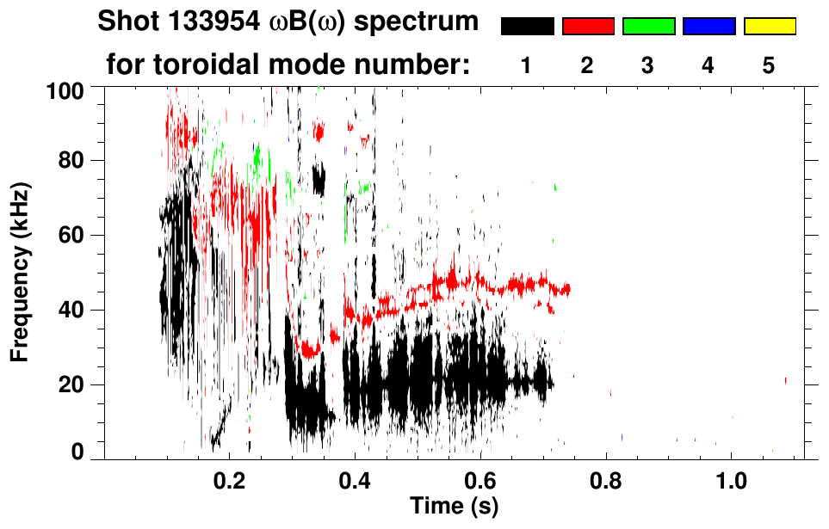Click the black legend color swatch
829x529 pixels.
click(527, 27)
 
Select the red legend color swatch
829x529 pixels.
click(588, 27)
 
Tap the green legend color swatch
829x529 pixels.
click(648, 27)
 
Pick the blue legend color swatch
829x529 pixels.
click(708, 27)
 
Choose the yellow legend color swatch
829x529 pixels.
click(770, 27)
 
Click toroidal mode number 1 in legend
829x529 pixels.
click(527, 65)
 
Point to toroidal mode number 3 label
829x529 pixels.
click(648, 65)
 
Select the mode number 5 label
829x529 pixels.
click(769, 65)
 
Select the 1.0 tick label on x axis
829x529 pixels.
click(731, 478)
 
